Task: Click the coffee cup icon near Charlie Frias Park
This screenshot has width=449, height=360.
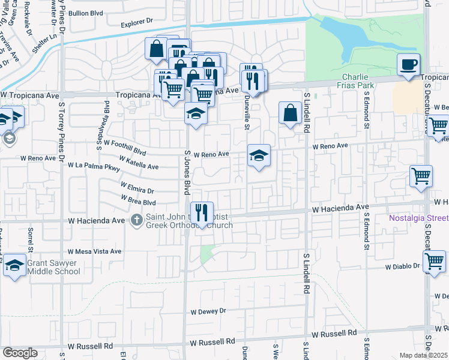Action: click(x=409, y=64)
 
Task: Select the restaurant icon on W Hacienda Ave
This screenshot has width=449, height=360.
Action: click(x=202, y=212)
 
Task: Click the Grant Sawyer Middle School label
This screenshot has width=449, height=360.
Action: click(x=53, y=267)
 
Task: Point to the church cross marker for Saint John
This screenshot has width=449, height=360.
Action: click(x=137, y=220)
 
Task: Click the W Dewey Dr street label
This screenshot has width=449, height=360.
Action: click(x=208, y=311)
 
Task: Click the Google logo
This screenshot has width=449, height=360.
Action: click(x=20, y=352)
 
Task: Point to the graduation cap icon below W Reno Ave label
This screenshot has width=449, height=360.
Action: click(x=259, y=155)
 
